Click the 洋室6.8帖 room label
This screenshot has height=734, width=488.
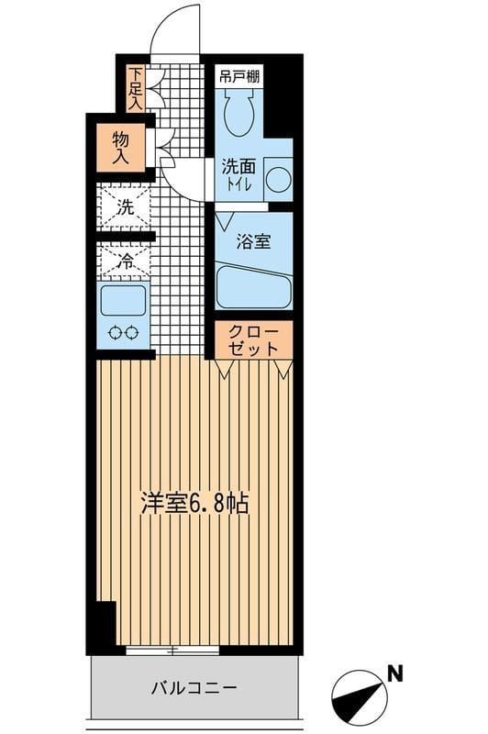click(x=194, y=504)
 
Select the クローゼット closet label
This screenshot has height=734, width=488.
click(x=253, y=339)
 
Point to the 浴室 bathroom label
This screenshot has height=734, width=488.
click(x=251, y=244)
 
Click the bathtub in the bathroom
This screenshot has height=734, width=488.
click(x=253, y=287)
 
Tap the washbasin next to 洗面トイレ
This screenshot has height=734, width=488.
click(x=277, y=177)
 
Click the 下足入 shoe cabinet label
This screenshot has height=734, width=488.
click(x=135, y=88)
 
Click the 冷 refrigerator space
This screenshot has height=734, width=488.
click(x=125, y=260)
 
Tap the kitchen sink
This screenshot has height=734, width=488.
click(x=124, y=300)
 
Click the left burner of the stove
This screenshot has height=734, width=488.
click(x=115, y=333)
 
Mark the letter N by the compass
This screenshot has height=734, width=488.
click(x=394, y=673)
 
